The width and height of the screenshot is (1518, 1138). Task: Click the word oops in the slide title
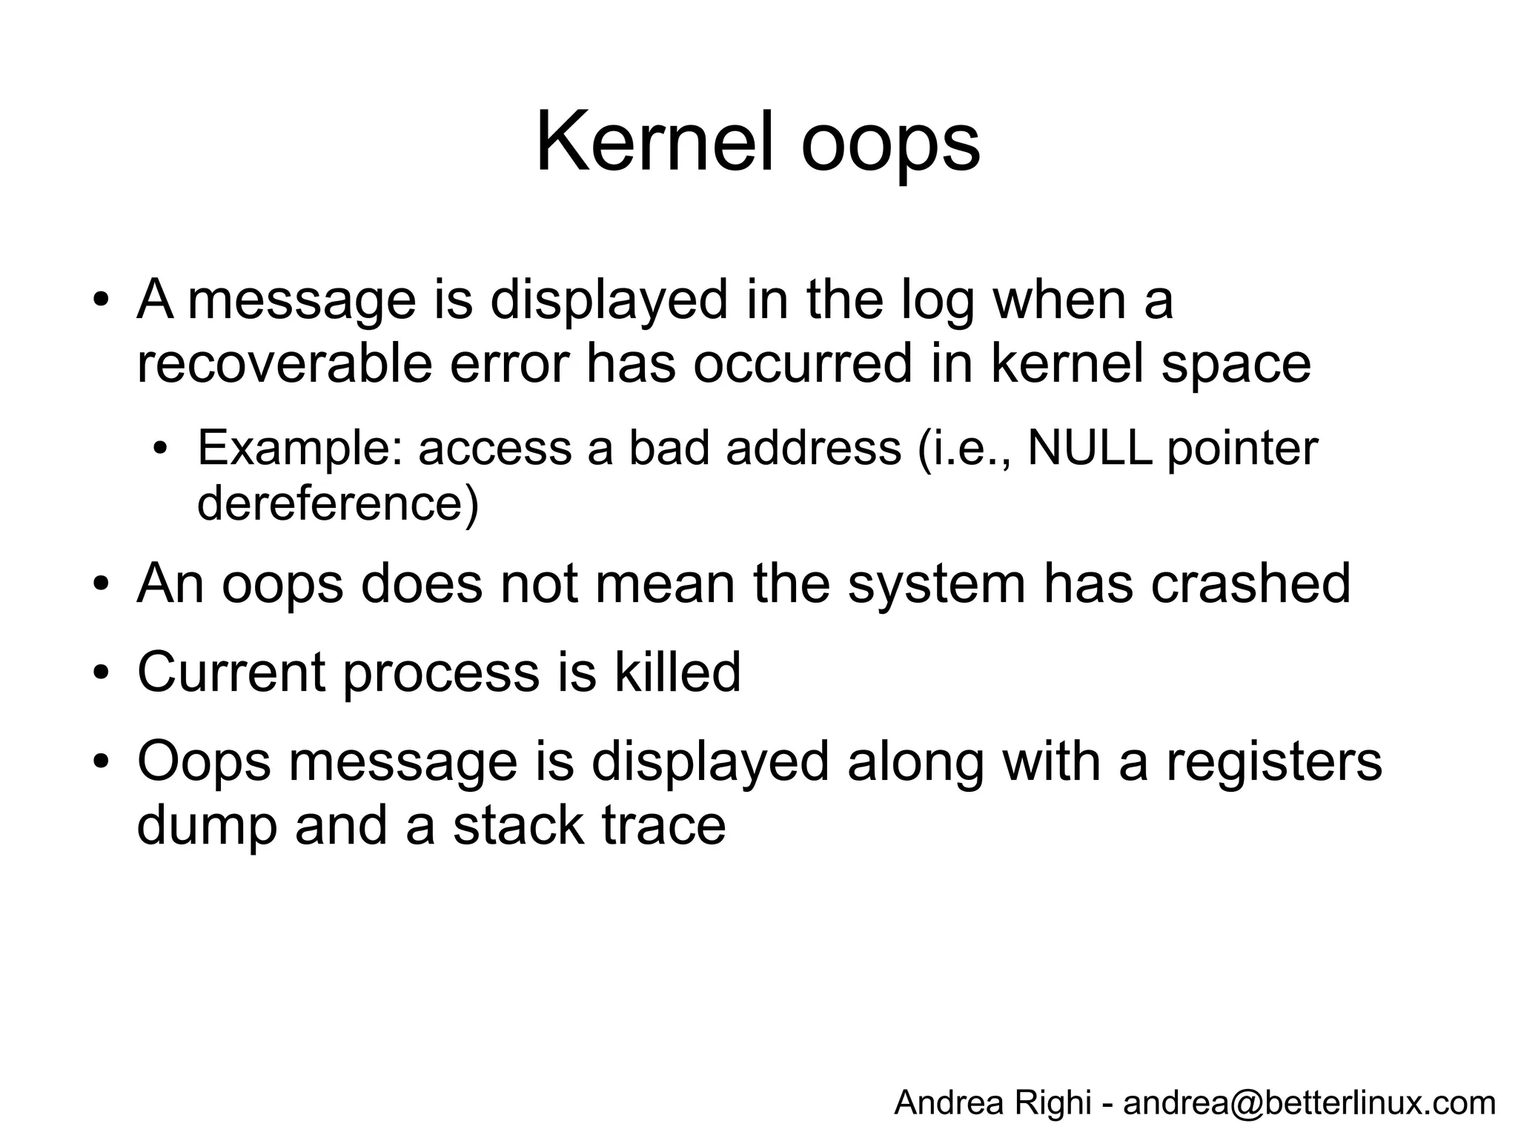click(890, 145)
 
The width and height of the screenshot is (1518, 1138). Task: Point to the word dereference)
click(338, 504)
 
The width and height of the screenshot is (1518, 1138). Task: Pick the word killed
click(677, 672)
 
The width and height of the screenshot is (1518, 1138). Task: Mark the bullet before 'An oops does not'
click(102, 585)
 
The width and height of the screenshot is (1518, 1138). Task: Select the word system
click(937, 586)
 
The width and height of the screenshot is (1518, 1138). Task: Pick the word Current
click(231, 672)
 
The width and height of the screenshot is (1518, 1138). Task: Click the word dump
click(207, 826)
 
